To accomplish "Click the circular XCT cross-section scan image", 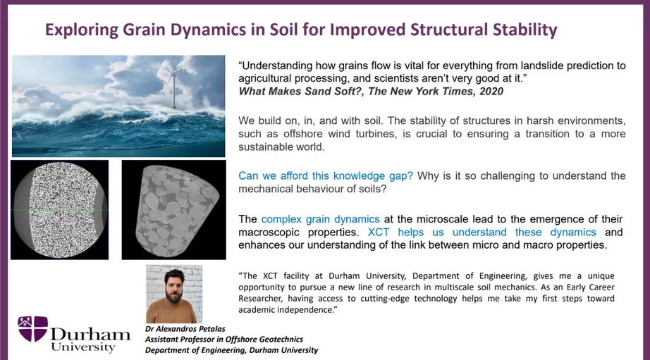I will tap(59, 210).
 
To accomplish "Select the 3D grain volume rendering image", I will tap(172, 210).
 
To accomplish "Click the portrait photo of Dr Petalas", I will tap(173, 294).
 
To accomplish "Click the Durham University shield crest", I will tap(32, 329).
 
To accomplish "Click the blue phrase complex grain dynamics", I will tap(320, 219).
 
